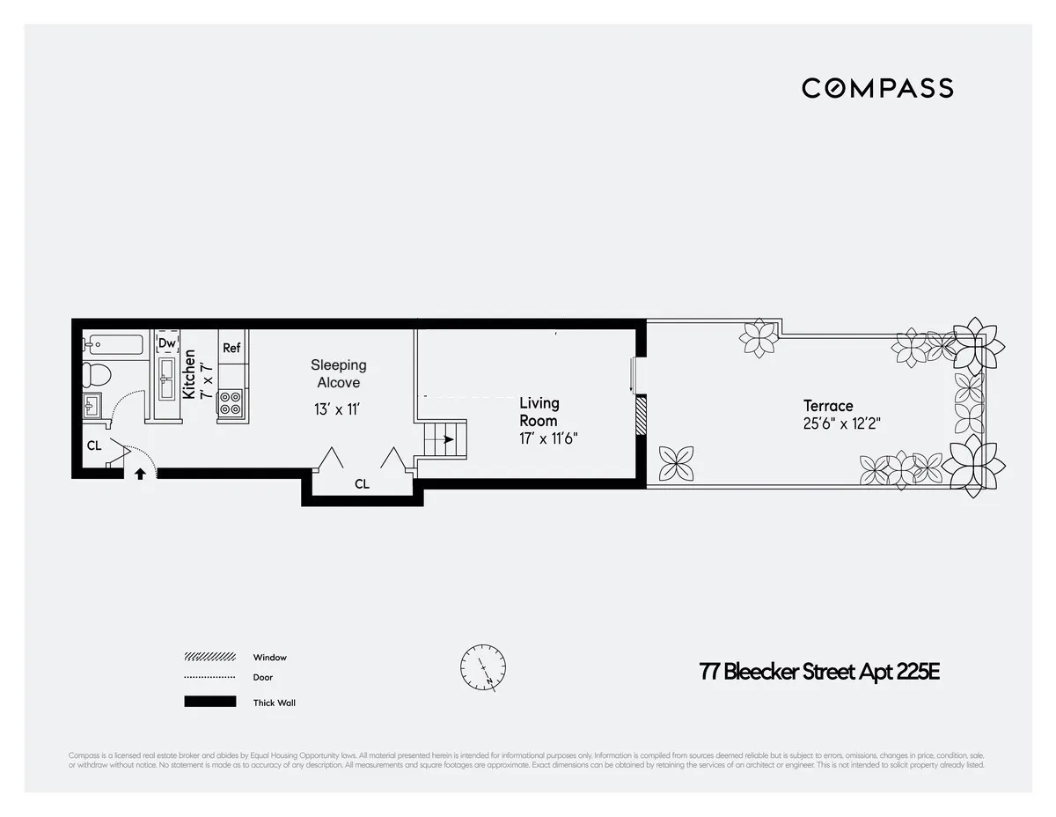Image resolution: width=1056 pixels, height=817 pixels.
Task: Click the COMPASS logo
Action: click(877, 88)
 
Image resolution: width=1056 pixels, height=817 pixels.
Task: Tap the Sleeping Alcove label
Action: click(339, 373)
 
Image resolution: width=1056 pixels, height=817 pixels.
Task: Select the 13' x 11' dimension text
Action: click(338, 409)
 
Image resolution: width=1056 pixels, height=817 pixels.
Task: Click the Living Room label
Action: click(539, 411)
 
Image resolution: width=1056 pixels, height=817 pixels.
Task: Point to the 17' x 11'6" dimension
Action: click(548, 438)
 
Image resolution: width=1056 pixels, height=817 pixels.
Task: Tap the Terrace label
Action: click(828, 406)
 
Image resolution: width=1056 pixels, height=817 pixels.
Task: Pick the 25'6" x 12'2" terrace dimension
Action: click(842, 423)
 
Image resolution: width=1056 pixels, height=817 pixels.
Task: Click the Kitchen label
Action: click(189, 374)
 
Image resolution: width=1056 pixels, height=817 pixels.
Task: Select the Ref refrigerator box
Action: click(231, 348)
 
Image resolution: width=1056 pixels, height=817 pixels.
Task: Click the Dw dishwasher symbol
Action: click(166, 343)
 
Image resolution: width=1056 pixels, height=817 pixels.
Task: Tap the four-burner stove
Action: click(231, 403)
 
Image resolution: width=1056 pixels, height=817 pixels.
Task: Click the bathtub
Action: click(114, 343)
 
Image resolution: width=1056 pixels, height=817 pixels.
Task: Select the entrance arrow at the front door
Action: click(139, 474)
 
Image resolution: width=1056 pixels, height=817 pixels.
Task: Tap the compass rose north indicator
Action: click(483, 667)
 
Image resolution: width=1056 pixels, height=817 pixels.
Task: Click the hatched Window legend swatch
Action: click(209, 657)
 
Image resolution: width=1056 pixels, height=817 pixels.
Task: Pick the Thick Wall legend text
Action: click(274, 703)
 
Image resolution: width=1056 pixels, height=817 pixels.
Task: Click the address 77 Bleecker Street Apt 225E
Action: click(819, 672)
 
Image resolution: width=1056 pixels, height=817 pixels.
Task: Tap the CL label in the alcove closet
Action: click(362, 484)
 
